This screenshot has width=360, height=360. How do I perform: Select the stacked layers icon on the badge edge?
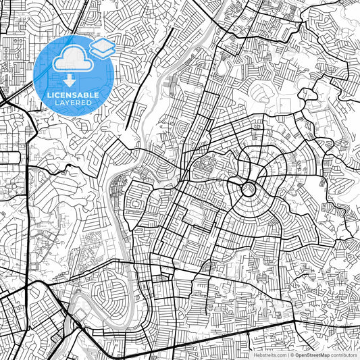pos(102,47)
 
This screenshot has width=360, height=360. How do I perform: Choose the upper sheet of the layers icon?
pos(102,44)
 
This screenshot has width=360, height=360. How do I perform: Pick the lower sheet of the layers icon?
pos(102,51)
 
